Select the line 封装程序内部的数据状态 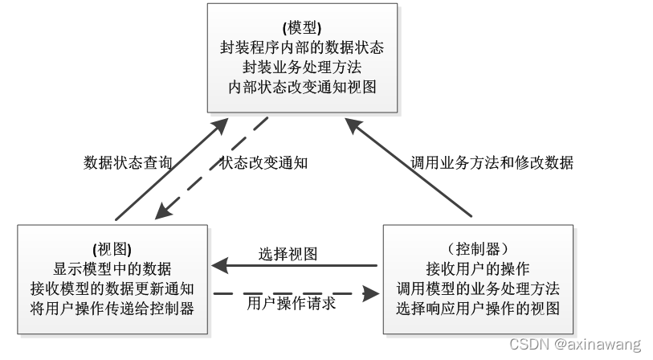tap(301, 47)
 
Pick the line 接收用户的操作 tap(478, 268)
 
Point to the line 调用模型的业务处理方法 tap(478, 287)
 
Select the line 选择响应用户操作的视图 tap(478, 307)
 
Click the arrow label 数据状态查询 tap(128, 162)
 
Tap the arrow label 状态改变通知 tap(264, 162)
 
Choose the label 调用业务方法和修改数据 tap(492, 162)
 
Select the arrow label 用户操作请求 tap(291, 304)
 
